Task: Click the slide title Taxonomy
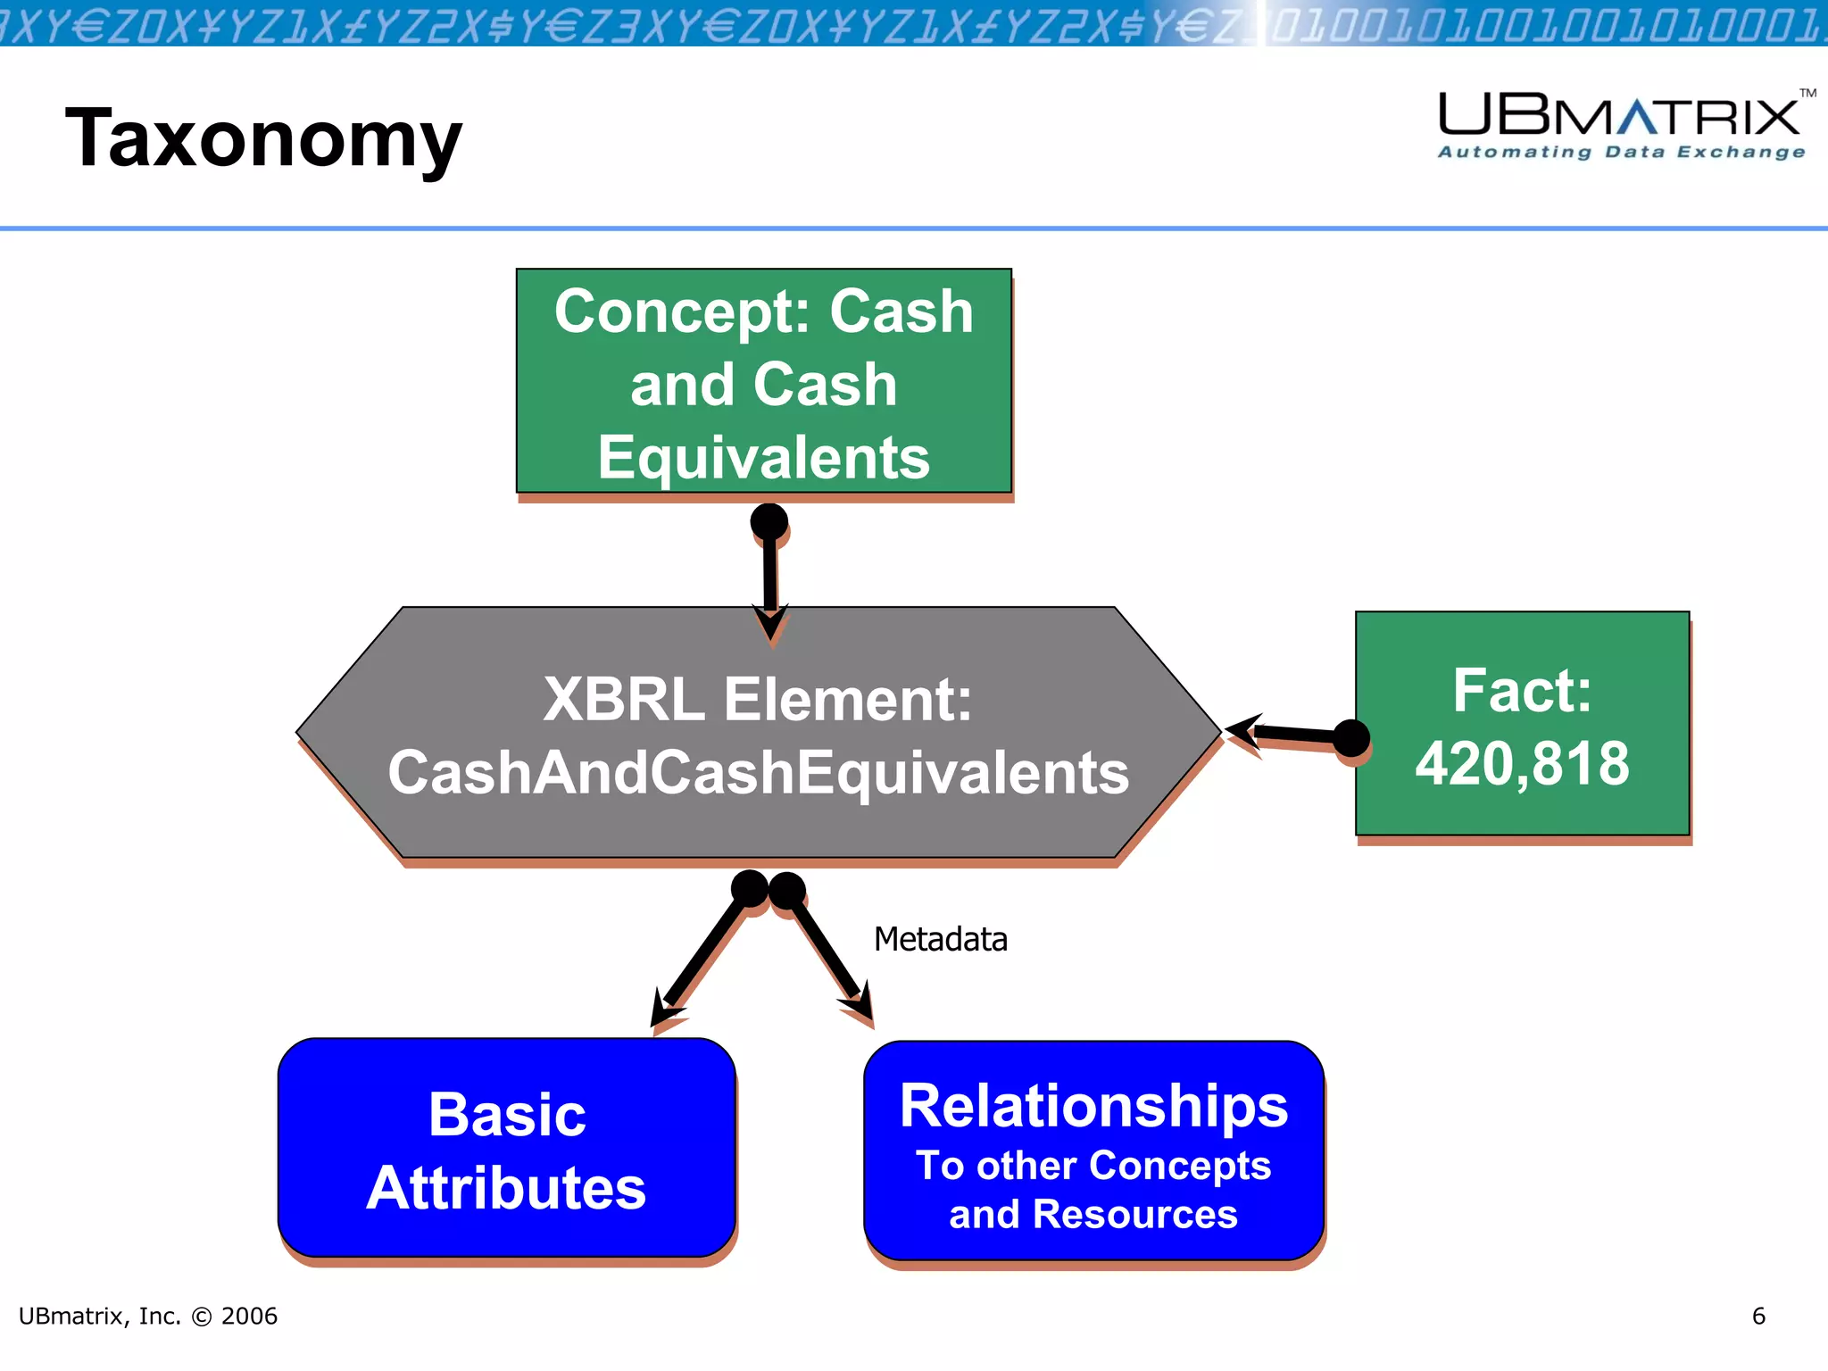tap(263, 138)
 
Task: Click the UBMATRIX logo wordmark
tap(1619, 116)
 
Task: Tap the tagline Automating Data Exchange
tap(1621, 153)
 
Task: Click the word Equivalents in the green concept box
tap(763, 458)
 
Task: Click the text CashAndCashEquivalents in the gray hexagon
tap(758, 772)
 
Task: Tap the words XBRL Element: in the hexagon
tap(758, 699)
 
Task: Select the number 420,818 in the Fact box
tap(1522, 764)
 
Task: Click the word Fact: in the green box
tap(1522, 691)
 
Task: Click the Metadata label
tap(940, 940)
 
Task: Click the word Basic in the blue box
tap(507, 1115)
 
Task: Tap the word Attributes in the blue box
tap(506, 1188)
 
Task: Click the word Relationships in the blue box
tap(1093, 1106)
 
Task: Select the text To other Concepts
tap(1093, 1166)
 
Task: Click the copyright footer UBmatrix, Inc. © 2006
tap(148, 1316)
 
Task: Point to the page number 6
tap(1757, 1316)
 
